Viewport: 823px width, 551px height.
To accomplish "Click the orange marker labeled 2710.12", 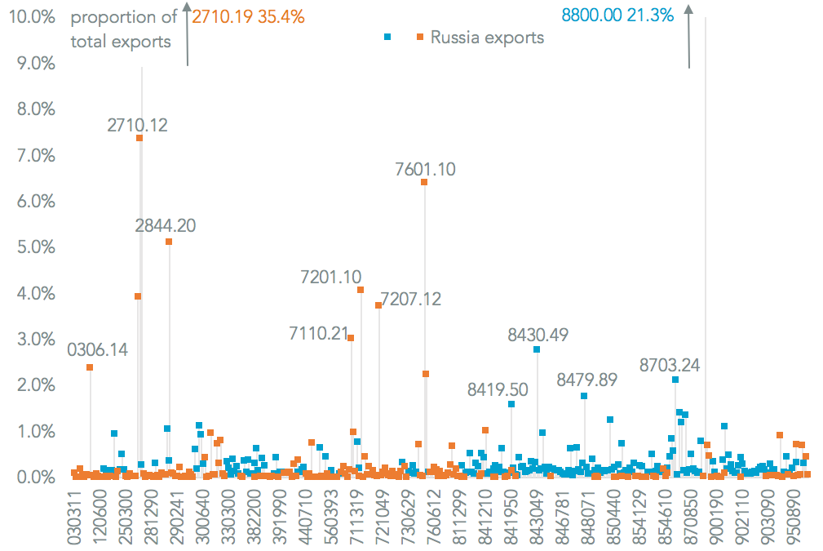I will (x=139, y=138).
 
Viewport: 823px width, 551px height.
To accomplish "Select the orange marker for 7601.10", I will (x=424, y=182).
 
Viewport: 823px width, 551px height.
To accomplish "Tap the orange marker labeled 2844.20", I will (x=169, y=242).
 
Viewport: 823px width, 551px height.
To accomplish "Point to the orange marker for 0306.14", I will (x=90, y=367).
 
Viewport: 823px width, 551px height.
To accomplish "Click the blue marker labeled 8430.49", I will (x=537, y=349).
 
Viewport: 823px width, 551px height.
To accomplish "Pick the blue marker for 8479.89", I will (x=584, y=396).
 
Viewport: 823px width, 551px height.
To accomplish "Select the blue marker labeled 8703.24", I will (x=675, y=380).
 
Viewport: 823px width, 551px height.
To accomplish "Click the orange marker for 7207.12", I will (x=378, y=305).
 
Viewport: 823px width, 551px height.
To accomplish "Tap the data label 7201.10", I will (x=330, y=277).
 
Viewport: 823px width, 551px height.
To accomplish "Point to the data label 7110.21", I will (x=319, y=333).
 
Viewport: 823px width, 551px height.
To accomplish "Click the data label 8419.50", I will (x=498, y=389).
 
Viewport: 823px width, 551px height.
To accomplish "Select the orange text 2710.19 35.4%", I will (x=248, y=16).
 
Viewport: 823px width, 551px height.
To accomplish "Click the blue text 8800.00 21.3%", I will (x=617, y=15).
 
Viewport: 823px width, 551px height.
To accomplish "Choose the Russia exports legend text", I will (x=487, y=37).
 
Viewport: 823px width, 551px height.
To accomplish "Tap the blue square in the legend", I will (x=388, y=37).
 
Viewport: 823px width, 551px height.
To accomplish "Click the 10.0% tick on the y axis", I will (x=30, y=17).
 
